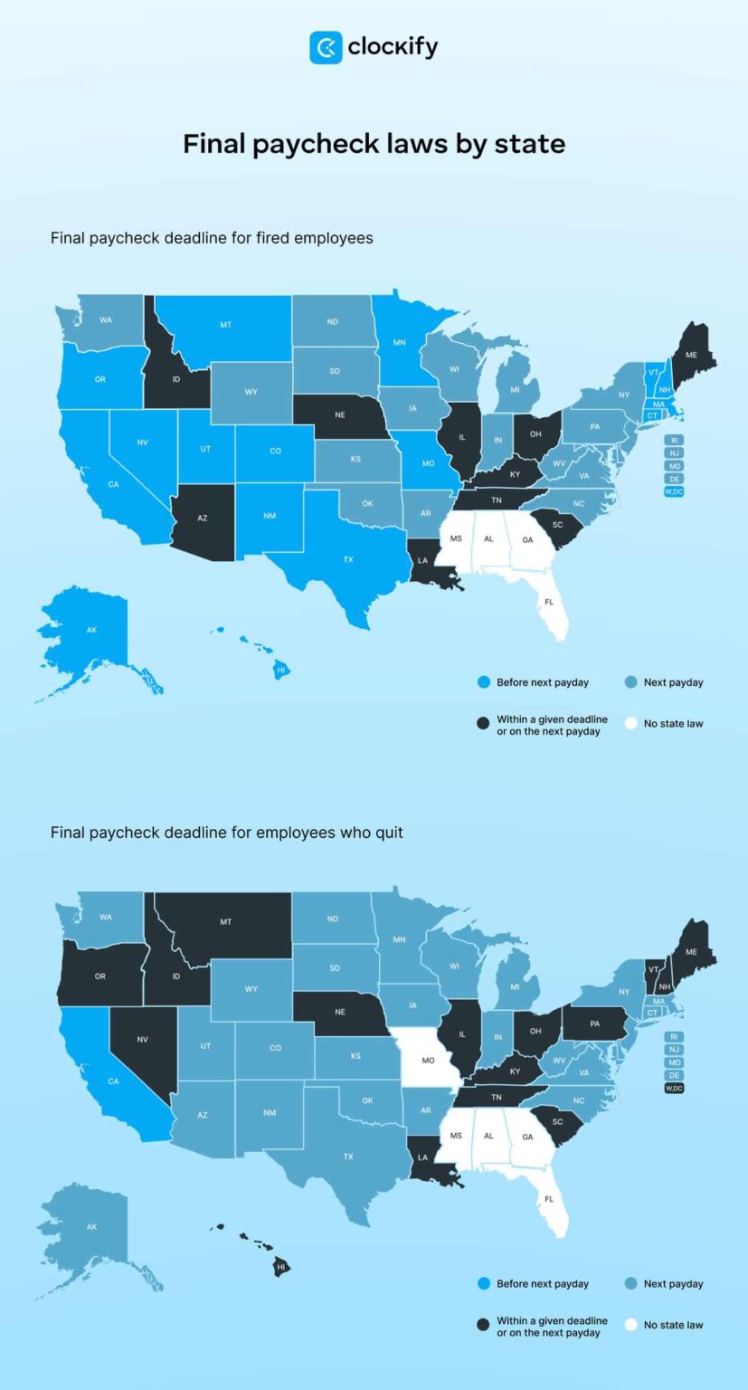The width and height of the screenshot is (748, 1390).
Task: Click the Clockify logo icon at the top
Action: click(326, 47)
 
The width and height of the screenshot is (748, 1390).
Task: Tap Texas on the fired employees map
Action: click(347, 559)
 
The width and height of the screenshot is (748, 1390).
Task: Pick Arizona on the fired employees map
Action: click(203, 517)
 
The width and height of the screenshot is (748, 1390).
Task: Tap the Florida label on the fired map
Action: click(548, 601)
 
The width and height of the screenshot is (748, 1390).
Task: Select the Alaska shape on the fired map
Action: click(91, 629)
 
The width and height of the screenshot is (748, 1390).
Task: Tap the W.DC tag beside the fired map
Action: click(674, 491)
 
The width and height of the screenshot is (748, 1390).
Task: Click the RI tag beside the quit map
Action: click(674, 1037)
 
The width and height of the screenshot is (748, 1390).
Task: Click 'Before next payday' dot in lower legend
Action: click(483, 1283)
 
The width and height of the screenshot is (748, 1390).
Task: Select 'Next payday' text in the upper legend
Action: click(673, 682)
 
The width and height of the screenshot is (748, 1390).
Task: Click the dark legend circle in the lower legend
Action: click(483, 1325)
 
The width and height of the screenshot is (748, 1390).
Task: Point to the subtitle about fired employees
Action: click(212, 238)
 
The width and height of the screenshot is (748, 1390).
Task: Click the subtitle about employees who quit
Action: click(227, 832)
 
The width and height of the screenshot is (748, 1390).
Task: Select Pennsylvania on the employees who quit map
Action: click(595, 1023)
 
